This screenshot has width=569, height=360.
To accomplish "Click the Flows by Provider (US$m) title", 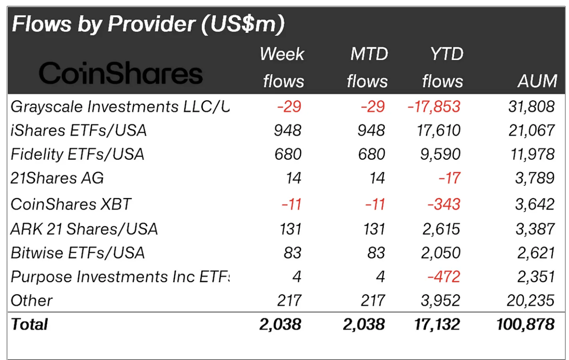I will [x=148, y=24].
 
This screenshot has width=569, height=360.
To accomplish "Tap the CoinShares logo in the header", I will [x=120, y=73].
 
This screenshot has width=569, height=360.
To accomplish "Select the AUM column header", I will [x=537, y=81].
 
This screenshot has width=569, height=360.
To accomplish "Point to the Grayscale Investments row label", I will [x=120, y=107].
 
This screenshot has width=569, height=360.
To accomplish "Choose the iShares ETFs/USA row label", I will [x=79, y=131].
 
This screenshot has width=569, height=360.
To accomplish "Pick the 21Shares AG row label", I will [x=57, y=178].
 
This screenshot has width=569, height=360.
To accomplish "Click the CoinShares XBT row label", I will [x=71, y=204].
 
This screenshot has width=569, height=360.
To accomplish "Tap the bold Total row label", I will [x=30, y=324].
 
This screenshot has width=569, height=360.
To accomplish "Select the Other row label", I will [x=32, y=300].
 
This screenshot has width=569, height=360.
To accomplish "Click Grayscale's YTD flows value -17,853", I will [x=434, y=107].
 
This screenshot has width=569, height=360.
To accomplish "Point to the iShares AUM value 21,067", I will [x=532, y=131].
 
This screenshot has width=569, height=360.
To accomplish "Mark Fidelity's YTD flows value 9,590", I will [x=440, y=155].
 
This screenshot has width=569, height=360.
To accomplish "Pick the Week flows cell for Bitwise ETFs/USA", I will [x=292, y=253].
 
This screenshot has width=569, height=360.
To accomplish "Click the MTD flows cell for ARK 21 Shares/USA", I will [x=374, y=229].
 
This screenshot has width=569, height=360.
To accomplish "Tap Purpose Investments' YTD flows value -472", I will [x=444, y=277].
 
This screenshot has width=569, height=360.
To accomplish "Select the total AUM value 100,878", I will [x=525, y=324].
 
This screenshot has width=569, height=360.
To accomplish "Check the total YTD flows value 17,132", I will [x=437, y=324].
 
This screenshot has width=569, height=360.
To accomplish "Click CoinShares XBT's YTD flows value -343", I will [x=444, y=204].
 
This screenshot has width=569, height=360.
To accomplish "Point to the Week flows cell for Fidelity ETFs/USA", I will [x=288, y=155].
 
